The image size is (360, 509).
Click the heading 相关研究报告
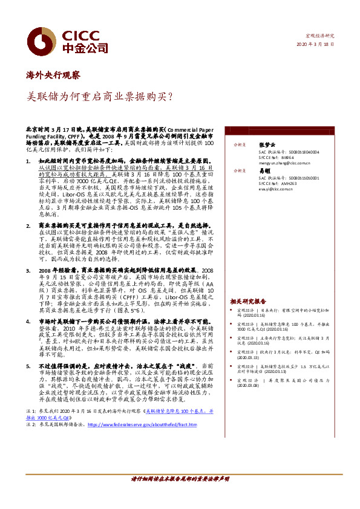coord(248,301)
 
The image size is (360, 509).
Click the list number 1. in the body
coord(29,163)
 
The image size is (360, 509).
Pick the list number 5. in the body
coord(29,366)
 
